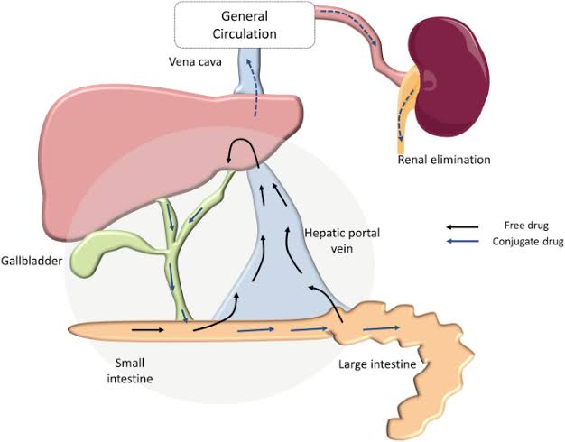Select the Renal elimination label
click(x=443, y=160)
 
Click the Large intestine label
click(x=376, y=365)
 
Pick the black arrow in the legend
click(x=462, y=226)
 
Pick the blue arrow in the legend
click(x=462, y=242)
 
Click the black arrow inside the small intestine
click(x=154, y=330)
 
